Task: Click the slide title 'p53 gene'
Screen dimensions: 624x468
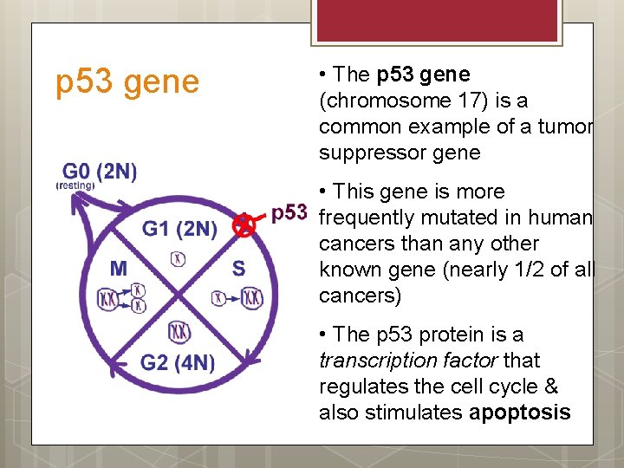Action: pos(127,82)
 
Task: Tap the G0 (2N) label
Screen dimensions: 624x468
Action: pos(99,171)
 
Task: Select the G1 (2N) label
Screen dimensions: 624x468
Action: pos(179,229)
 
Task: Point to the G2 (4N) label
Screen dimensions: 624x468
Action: pos(178,362)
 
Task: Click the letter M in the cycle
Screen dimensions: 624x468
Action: pos(119,269)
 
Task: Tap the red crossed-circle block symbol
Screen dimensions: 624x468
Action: pos(245,226)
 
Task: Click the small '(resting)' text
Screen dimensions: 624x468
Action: pos(75,185)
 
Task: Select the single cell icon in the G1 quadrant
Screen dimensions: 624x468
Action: pos(179,257)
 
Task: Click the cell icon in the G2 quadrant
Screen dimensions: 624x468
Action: pos(179,330)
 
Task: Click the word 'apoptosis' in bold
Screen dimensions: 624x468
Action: pos(520,412)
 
